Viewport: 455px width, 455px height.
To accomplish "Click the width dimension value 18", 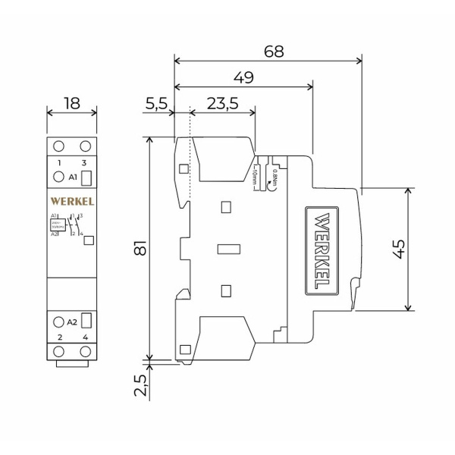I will pos(72,103).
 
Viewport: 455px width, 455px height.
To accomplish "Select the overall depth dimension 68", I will pos(275,52).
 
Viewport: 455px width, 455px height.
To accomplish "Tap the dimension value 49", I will pos(243,77).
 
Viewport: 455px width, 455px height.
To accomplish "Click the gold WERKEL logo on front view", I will pos(72,201).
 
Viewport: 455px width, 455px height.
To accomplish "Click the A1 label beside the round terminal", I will pos(74,177).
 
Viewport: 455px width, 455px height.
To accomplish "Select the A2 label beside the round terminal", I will pos(73,322).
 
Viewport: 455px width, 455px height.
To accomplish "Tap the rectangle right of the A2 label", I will pos(86,321).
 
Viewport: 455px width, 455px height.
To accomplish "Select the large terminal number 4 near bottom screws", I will pos(86,336).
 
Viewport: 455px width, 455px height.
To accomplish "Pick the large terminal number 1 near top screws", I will pos(59,163).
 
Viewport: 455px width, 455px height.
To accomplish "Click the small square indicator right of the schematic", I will pos(88,240).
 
